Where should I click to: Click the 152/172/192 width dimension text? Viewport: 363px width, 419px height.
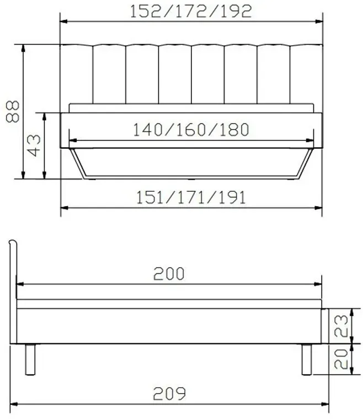coord(191,12)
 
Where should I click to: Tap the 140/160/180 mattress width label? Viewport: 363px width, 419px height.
coord(191,130)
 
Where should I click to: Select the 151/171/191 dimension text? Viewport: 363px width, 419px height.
coord(191,198)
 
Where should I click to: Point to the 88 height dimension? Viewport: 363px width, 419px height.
coord(13,111)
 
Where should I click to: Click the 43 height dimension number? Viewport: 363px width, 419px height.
coord(34,146)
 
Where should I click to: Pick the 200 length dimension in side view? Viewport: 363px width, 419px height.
coord(169,273)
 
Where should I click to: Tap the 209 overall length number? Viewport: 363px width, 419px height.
coord(169,393)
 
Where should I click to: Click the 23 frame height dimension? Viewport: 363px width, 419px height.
coord(341,326)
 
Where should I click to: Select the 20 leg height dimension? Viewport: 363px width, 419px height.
coord(341,359)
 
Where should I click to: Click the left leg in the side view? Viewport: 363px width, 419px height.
coord(30,359)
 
